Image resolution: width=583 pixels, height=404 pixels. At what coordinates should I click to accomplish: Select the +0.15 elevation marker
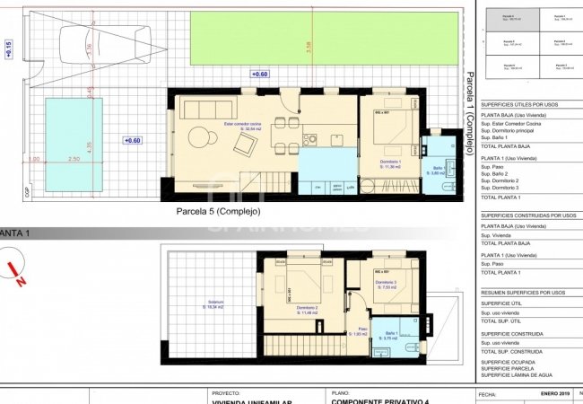[x=9, y=48]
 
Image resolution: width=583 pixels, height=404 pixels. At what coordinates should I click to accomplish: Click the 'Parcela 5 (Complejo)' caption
[x=218, y=212]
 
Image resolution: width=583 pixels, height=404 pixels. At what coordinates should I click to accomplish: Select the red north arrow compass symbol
[x=15, y=273]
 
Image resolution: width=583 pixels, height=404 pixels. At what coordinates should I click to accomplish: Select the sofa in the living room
[x=204, y=110]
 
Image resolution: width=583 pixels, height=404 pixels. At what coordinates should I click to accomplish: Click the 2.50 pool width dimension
[x=74, y=159]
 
